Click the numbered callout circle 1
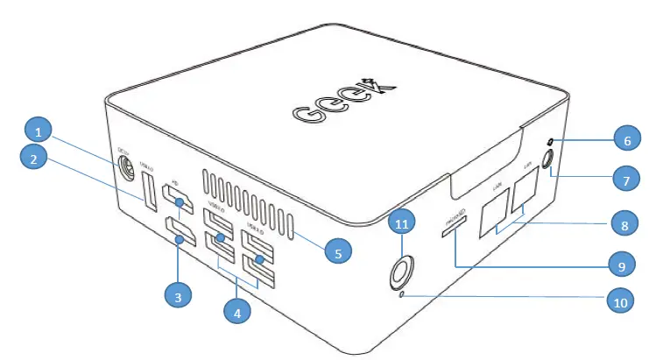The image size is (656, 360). click(39, 131)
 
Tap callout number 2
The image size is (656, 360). click(33, 159)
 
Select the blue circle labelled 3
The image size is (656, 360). click(179, 297)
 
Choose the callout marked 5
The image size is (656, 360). click(337, 251)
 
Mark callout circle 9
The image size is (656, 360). click(621, 263)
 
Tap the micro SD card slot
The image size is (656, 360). click(454, 227)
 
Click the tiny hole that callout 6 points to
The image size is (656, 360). click(550, 142)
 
